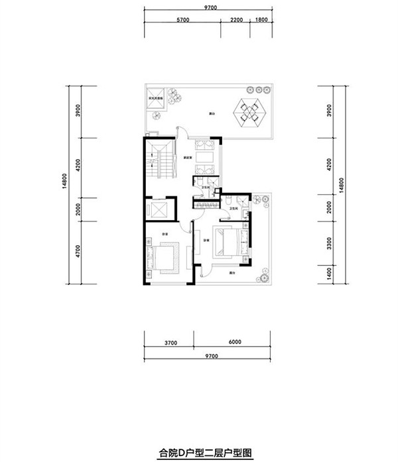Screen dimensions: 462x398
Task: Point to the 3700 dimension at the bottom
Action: click(170, 343)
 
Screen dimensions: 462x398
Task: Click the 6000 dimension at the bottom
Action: click(230, 343)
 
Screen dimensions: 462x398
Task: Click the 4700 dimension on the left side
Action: click(78, 254)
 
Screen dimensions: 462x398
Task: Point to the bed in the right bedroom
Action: click(230, 241)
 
